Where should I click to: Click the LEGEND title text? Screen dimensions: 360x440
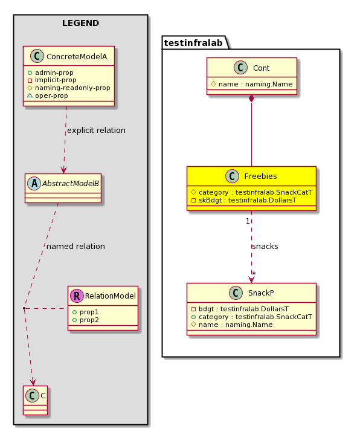tap(80, 23)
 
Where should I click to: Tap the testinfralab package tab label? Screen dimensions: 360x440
tap(193, 43)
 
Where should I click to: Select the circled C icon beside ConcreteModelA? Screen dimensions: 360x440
tap(37, 56)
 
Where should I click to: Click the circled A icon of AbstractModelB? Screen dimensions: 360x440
tap(34, 183)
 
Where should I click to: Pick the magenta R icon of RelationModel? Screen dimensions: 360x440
tap(77, 296)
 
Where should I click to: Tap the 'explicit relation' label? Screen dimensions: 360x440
tap(96, 131)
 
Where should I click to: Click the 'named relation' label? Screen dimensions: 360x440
tap(76, 247)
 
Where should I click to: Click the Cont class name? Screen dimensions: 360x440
tap(262, 68)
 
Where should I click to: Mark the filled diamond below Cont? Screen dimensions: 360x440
tap(251, 99)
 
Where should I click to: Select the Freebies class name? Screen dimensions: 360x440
tap(260, 176)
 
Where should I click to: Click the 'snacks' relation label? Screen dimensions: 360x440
tap(265, 247)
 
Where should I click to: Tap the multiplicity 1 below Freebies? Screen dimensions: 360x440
tap(248, 221)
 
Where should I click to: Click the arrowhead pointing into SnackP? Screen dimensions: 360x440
tap(251, 279)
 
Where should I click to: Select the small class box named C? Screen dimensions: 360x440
tap(35, 401)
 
